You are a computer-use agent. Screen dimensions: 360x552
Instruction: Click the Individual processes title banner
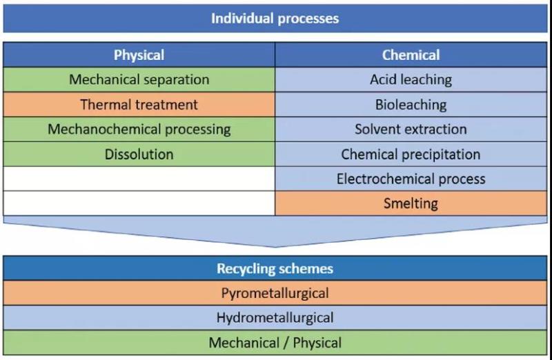[275, 18]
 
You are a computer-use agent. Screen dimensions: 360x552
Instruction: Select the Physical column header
[139, 55]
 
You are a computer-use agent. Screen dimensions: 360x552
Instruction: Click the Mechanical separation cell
[139, 79]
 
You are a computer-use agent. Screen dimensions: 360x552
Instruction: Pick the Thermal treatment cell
[139, 105]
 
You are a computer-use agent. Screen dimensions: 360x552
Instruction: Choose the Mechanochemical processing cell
[139, 129]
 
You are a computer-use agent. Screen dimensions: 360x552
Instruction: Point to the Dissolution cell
[139, 154]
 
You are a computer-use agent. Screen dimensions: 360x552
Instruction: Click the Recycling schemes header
[275, 268]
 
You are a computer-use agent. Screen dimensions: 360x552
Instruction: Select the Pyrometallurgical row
[275, 293]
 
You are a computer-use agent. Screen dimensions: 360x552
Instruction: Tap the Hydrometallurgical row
[275, 318]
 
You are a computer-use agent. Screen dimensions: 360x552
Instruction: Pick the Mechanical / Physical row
[275, 343]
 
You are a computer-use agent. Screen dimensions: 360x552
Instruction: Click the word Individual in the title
[241, 18]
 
